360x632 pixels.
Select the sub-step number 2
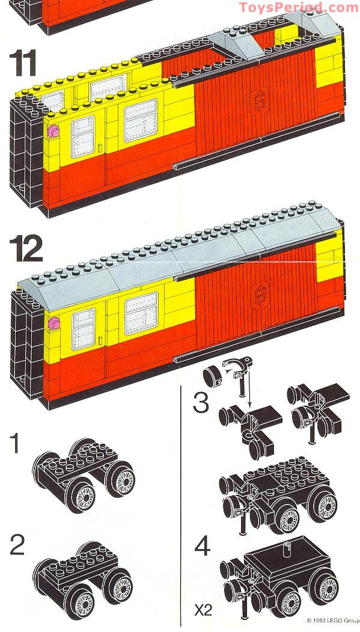[17, 545]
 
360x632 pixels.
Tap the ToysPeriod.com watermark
[298, 7]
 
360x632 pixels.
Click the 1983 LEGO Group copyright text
[332, 619]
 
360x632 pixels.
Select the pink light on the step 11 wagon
[53, 130]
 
